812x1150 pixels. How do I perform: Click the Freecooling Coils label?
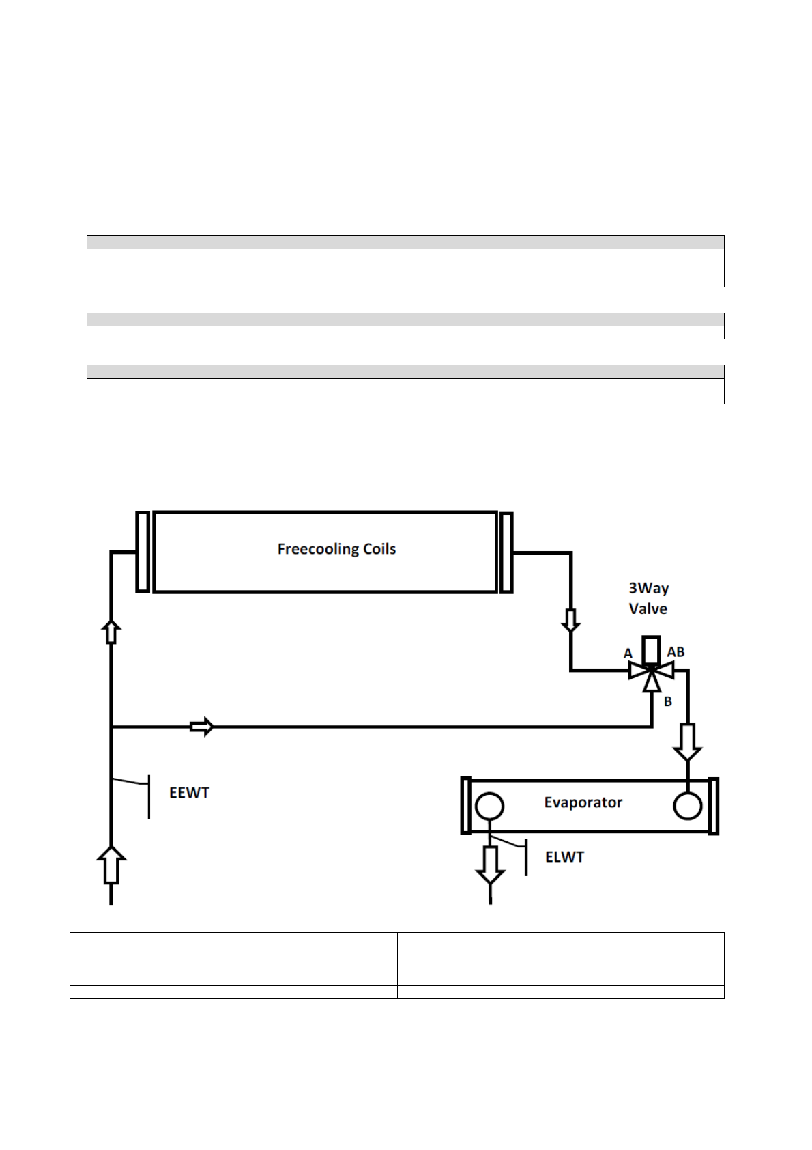click(336, 549)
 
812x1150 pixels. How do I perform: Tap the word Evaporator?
click(583, 802)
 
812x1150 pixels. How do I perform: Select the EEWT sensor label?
click(189, 793)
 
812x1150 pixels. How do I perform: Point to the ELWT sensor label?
click(564, 857)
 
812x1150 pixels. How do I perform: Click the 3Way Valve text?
click(648, 598)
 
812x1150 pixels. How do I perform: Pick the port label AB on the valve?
click(676, 652)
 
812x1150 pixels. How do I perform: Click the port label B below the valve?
click(668, 701)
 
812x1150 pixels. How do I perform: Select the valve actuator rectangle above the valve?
click(652, 649)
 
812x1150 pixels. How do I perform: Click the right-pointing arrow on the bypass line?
click(202, 727)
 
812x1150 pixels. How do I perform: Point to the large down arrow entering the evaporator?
click(687, 742)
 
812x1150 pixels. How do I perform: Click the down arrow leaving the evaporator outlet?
click(490, 865)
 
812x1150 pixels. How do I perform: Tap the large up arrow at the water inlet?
click(111, 865)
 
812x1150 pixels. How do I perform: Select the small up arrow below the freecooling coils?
click(111, 632)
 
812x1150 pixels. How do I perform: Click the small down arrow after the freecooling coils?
click(570, 620)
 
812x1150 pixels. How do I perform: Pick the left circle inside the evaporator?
click(489, 807)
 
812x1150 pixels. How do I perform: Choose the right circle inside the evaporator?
click(687, 806)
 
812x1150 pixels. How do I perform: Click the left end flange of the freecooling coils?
click(143, 552)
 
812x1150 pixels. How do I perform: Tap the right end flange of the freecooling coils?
click(506, 552)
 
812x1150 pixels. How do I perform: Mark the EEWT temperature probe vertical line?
click(149, 797)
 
